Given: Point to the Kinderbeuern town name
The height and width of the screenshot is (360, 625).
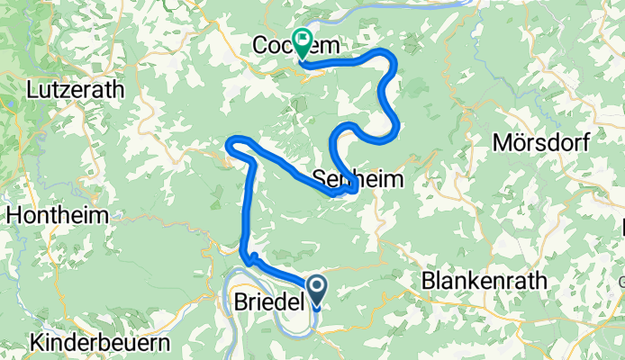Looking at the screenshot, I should (x=99, y=343).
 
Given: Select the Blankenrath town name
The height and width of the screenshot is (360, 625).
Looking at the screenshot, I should (x=484, y=282).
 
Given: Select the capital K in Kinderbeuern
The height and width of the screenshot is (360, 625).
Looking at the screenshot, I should (x=36, y=343).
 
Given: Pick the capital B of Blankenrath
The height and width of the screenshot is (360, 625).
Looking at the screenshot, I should (x=428, y=282).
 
